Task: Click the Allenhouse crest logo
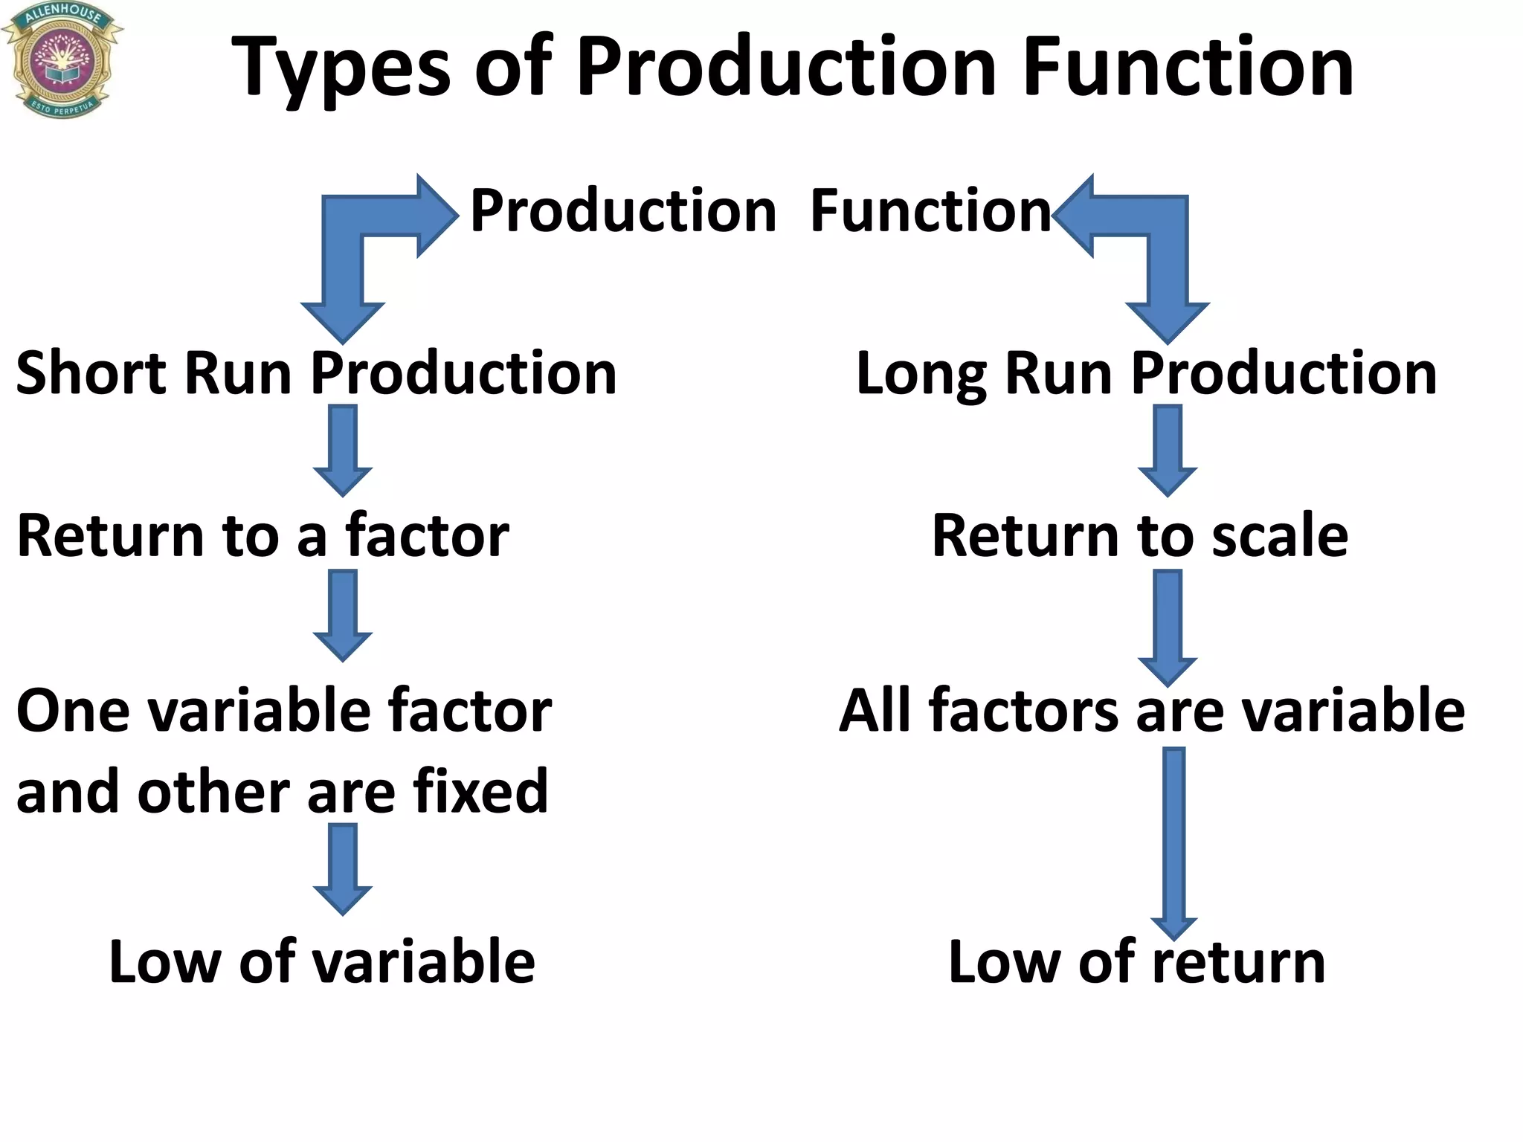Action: coord(61,59)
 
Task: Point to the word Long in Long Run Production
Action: coord(920,374)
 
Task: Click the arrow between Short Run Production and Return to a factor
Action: coord(343,451)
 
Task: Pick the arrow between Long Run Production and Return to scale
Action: coord(1168,451)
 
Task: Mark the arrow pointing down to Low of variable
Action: coord(343,868)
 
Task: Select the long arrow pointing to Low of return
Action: coord(1173,844)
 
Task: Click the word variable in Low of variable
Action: coord(422,962)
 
